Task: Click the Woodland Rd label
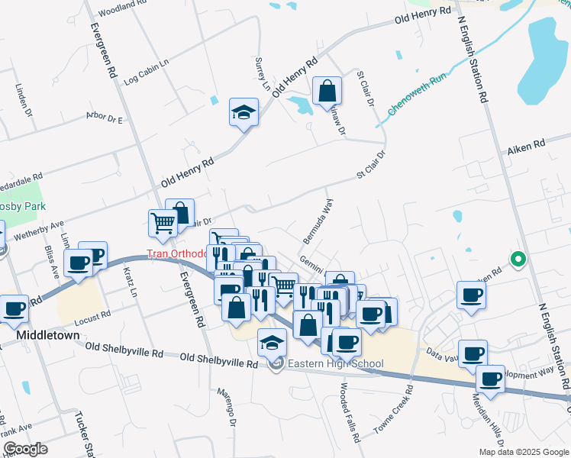(122, 5)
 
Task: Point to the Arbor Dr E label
(105, 119)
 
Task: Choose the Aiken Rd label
(527, 144)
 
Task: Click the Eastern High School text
(332, 364)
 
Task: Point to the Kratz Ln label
(131, 284)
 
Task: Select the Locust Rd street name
(93, 314)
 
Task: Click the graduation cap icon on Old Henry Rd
(244, 113)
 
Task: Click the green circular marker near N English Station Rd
(518, 260)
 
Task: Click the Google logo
(25, 449)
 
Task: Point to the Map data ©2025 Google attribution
(523, 452)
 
